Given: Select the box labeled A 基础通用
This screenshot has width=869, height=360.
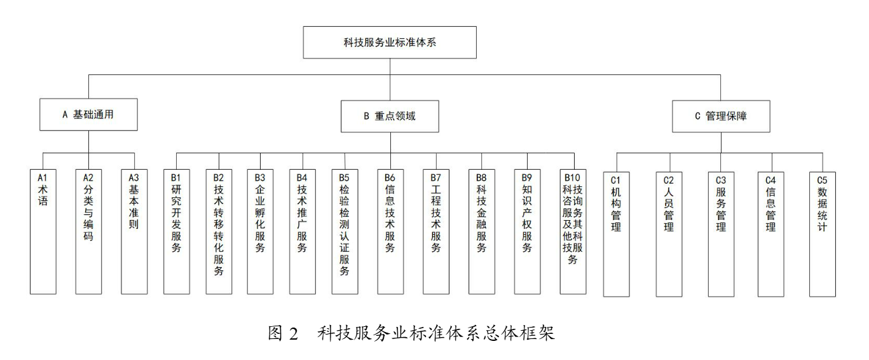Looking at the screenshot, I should pyautogui.click(x=88, y=115).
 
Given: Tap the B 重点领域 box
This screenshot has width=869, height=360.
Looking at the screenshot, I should pyautogui.click(x=390, y=115).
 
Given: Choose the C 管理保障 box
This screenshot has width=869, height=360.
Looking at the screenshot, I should pyautogui.click(x=721, y=115).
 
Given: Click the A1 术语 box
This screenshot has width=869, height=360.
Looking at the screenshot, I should pyautogui.click(x=43, y=230).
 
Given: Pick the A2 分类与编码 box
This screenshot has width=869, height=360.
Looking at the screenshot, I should pyautogui.click(x=88, y=230).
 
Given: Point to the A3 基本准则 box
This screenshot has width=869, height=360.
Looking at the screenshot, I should pyautogui.click(x=133, y=230).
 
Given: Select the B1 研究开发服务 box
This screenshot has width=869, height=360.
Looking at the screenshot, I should pyautogui.click(x=177, y=230).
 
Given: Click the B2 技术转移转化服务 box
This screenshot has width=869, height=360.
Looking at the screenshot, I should pyautogui.click(x=219, y=230).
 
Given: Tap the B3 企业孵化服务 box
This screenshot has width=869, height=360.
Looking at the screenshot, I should pyautogui.click(x=261, y=230).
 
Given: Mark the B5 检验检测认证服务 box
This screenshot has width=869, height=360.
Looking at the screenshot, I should pyautogui.click(x=345, y=230).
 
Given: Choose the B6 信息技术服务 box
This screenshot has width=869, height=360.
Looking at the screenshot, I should pyautogui.click(x=390, y=230).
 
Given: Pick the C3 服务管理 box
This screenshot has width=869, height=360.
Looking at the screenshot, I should pyautogui.click(x=721, y=232).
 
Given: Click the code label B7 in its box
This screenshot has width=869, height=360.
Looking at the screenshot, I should pyautogui.click(x=435, y=177).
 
